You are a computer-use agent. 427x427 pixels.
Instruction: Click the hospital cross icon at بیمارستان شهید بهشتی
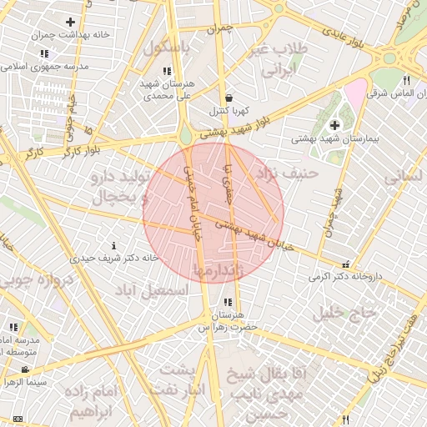tap(334, 125)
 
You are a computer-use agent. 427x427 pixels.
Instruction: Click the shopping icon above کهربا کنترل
tap(229, 98)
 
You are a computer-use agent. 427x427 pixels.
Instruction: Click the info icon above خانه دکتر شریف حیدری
tap(114, 245)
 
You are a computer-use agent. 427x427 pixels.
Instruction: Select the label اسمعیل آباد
tap(171, 291)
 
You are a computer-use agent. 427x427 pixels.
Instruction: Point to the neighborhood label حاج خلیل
tap(346, 312)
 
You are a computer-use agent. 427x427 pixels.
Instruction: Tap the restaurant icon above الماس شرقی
tap(406, 81)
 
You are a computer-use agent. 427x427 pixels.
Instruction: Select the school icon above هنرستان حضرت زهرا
tap(228, 302)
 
